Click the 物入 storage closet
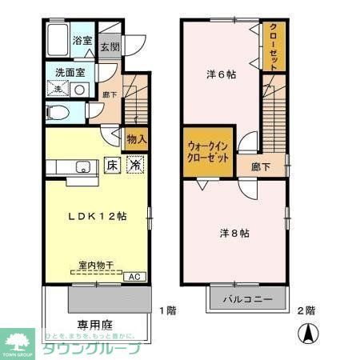136,139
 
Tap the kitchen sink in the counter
82,167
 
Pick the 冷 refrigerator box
137,166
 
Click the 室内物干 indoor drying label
94,264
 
